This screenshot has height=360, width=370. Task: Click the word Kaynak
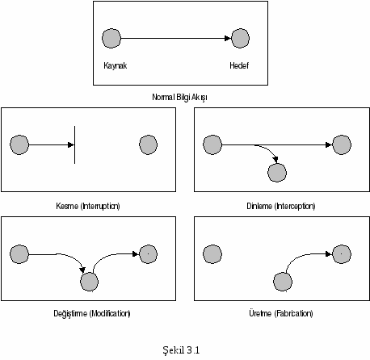115,66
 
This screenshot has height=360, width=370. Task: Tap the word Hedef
239,65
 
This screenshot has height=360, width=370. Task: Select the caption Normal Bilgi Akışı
179,97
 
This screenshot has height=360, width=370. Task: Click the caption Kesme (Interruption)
88,206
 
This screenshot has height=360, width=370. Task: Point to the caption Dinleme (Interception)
281,206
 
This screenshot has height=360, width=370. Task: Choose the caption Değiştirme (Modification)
92,313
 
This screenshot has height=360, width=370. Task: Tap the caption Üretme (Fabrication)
281,313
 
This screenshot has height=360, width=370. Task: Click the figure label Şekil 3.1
181,350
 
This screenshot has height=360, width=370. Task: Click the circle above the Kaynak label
111,38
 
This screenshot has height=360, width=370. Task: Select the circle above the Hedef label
240,38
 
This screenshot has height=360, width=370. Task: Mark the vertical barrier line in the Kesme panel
74,144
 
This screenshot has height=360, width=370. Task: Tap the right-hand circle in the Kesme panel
148,144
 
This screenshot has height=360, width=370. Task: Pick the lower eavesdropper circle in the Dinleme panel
277,173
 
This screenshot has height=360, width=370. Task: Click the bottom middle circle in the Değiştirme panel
89,282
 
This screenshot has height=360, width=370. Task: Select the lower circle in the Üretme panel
283,282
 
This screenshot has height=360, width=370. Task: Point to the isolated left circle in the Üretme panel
212,254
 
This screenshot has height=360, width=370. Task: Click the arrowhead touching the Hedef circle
228,38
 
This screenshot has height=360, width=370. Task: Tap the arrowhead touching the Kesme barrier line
71,144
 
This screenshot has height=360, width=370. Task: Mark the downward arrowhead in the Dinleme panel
275,160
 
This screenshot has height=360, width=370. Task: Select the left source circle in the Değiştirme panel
19,254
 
